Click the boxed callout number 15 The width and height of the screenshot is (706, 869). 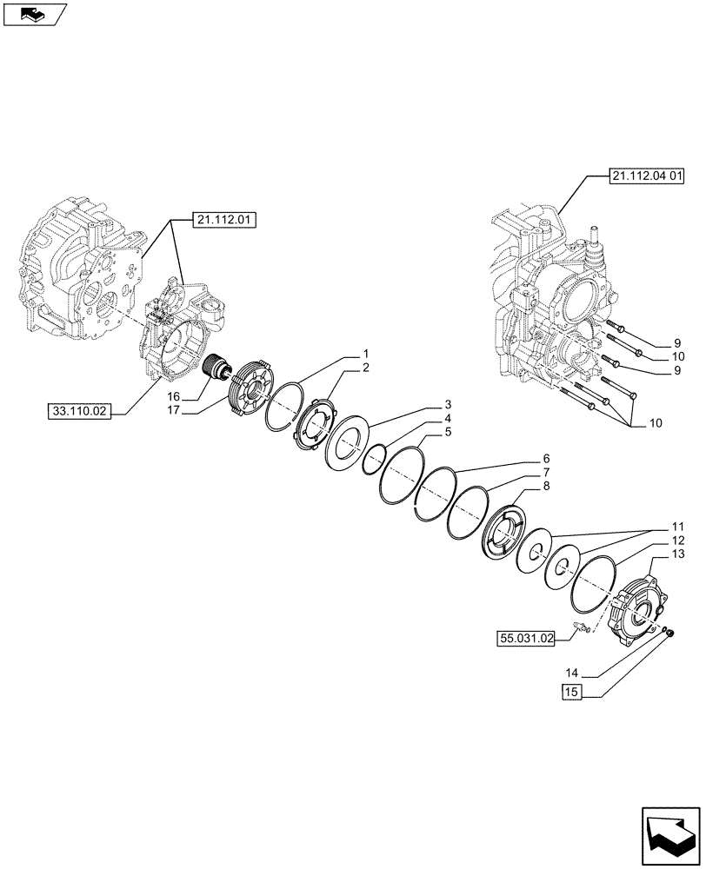pos(570,692)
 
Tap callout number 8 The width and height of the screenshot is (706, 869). pos(545,488)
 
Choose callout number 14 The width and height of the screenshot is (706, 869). pos(570,672)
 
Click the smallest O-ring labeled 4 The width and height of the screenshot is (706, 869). pos(376,458)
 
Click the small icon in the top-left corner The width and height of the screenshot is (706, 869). pos(35,14)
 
